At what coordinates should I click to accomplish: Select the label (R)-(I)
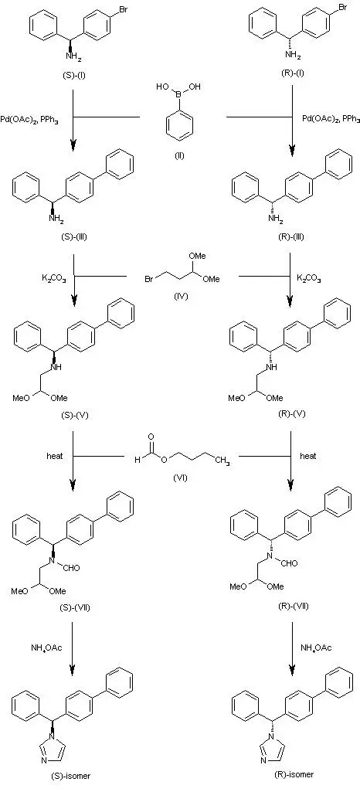coord(292,73)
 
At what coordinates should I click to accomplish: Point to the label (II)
coord(179,155)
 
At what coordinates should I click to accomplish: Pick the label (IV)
coord(180,296)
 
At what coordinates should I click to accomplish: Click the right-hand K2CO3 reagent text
coord(309,278)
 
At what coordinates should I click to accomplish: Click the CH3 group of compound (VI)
coord(222,461)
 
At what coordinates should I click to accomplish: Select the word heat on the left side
coord(55,456)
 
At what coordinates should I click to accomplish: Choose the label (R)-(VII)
coord(294,606)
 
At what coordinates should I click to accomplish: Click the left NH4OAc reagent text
coord(47,648)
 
